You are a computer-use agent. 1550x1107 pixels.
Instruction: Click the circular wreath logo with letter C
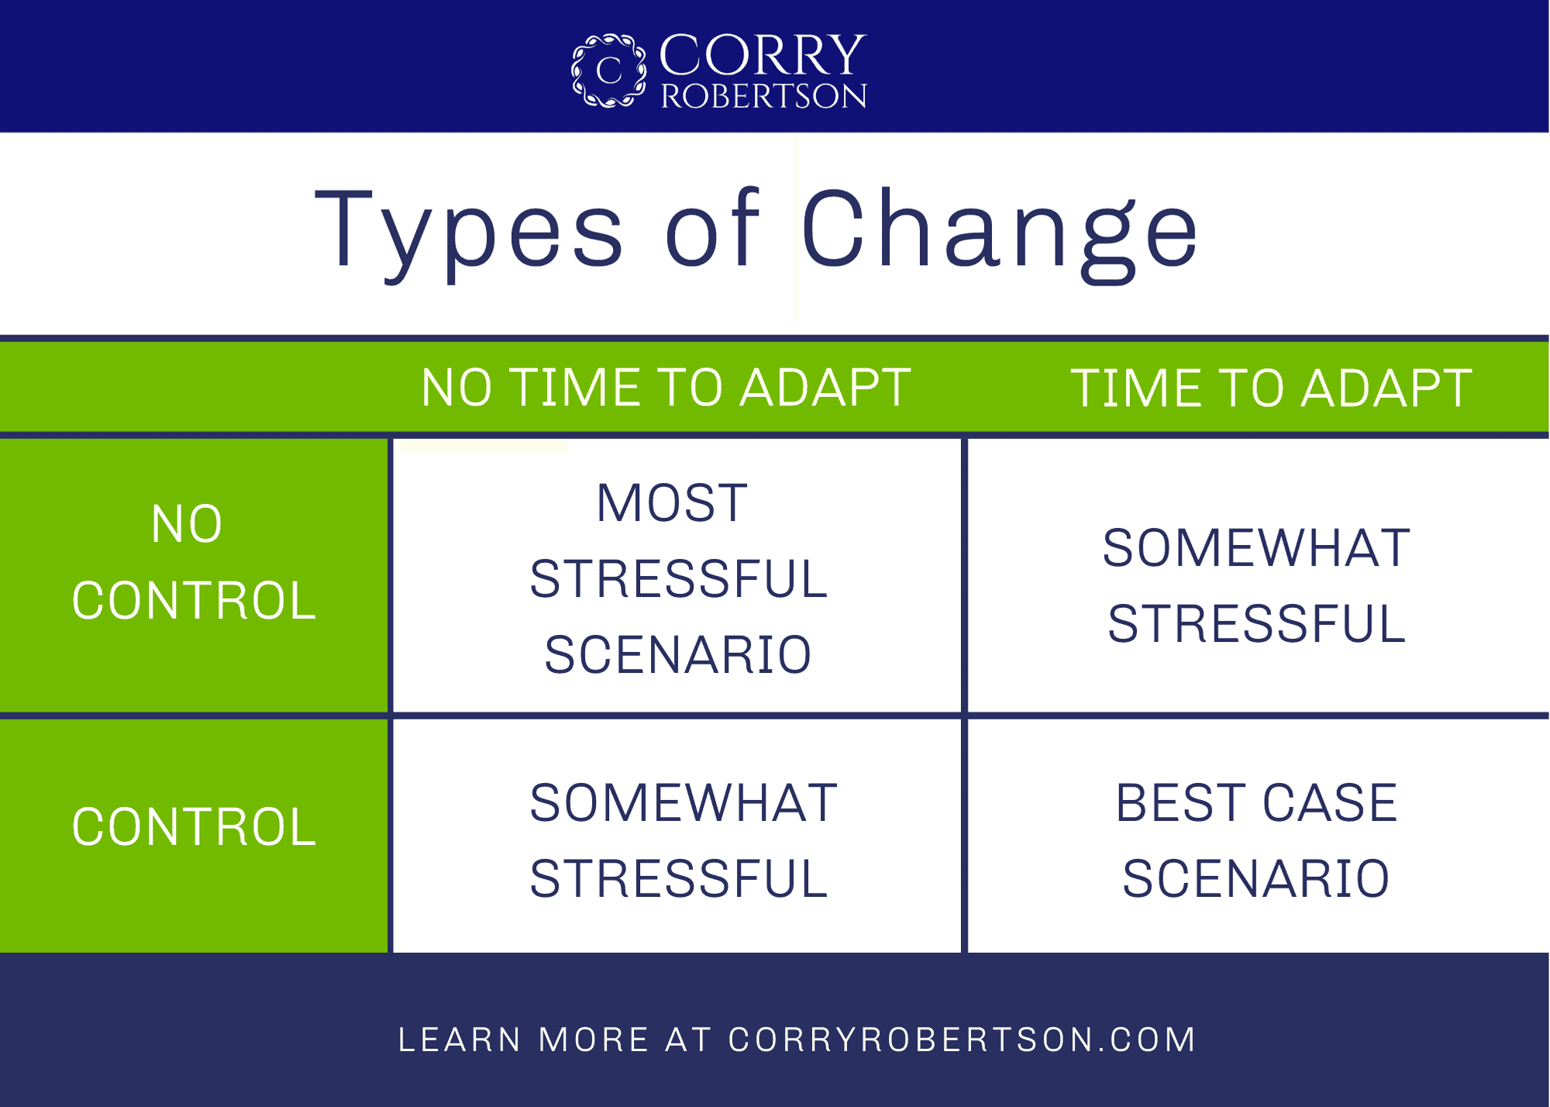click(x=608, y=70)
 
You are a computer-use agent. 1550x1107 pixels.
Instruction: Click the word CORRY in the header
click(x=763, y=54)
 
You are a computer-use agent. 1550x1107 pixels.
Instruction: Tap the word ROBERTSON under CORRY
click(x=763, y=95)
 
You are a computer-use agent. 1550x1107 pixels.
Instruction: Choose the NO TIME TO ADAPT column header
click(x=666, y=388)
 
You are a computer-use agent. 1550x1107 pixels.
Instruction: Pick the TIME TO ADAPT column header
click(x=1271, y=388)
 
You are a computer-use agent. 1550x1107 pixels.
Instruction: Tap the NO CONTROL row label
click(x=194, y=562)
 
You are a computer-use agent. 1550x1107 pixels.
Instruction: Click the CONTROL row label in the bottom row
click(x=194, y=826)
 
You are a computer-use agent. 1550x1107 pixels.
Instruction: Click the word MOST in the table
click(x=672, y=503)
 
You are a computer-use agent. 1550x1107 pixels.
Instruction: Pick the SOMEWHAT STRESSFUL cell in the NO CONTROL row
click(x=1256, y=585)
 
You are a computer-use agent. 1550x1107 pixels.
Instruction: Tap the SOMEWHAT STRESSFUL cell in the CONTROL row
click(x=683, y=840)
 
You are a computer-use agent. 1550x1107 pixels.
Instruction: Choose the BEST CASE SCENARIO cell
click(x=1256, y=840)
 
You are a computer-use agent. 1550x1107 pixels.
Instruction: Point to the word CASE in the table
click(x=1330, y=802)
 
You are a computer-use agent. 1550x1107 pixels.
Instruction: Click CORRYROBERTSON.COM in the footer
click(x=963, y=1040)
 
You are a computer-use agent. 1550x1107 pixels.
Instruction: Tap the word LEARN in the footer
click(x=460, y=1040)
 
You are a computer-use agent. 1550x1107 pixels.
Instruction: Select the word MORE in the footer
click(x=594, y=1040)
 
